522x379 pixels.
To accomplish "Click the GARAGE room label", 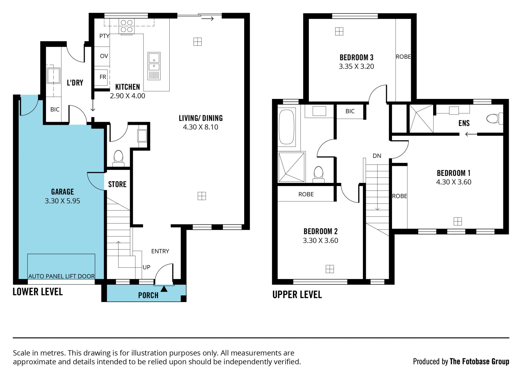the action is (63, 192).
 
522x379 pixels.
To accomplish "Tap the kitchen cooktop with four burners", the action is (127, 26).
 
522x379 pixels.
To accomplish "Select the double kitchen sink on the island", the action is (154, 66).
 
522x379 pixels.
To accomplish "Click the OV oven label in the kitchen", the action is (104, 56).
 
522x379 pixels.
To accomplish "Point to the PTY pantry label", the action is (104, 36).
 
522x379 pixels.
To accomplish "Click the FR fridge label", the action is (103, 77).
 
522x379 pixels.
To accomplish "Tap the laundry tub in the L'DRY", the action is (54, 75).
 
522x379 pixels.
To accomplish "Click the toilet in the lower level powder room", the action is (119, 159).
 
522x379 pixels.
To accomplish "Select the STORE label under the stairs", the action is (117, 184).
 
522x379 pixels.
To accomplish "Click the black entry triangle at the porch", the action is (164, 289).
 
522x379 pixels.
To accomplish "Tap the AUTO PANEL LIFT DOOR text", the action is (62, 276).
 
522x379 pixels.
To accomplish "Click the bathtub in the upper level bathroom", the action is (287, 126).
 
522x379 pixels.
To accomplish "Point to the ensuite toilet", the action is (495, 119).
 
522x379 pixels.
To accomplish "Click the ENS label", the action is (464, 123).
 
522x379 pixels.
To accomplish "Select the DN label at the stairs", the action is (377, 156).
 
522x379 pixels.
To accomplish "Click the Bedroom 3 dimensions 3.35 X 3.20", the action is (356, 66).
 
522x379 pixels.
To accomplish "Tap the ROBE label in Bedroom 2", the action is (306, 194).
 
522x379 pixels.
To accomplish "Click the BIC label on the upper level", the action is (350, 111).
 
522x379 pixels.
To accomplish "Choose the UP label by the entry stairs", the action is (146, 267).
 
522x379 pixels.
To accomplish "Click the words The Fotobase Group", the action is (479, 361).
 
